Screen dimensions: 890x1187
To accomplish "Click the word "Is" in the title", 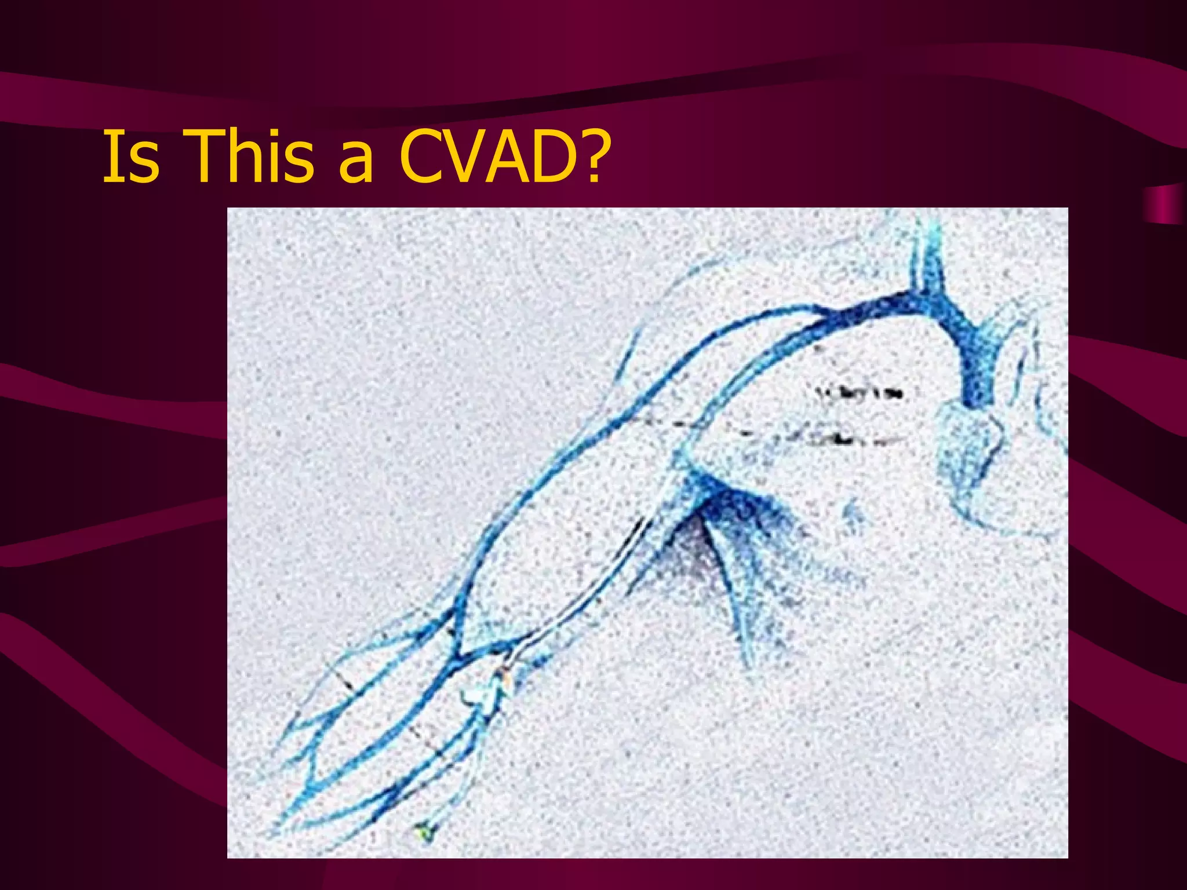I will tap(130, 156).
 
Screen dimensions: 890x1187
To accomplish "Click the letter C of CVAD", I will tap(421, 156).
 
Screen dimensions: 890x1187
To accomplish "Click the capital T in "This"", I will tap(206, 156).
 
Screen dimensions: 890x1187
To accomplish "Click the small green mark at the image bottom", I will tap(425, 833).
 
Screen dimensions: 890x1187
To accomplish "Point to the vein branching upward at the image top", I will tap(927, 255).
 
